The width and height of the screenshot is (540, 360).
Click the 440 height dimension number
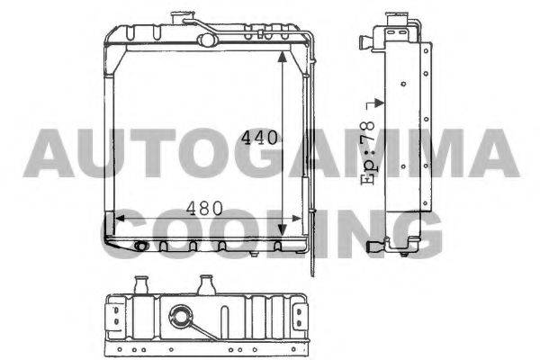click(259, 138)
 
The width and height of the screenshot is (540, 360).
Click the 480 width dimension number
click(204, 208)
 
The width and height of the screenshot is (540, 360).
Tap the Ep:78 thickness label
click(368, 153)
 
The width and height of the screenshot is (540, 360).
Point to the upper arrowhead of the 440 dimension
click(282, 58)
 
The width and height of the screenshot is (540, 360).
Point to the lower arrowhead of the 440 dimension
click(282, 229)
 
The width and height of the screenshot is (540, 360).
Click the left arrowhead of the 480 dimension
click(120, 219)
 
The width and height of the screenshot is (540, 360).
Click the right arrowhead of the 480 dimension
click(296, 219)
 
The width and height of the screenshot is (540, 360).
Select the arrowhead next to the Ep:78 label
click(379, 103)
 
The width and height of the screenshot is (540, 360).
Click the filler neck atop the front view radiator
click(182, 18)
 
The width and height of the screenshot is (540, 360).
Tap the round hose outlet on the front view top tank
click(207, 40)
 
